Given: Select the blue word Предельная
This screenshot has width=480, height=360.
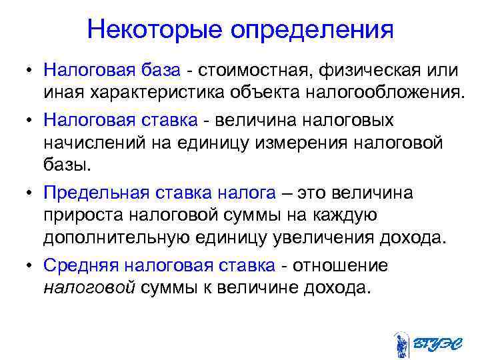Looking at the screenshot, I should [x=97, y=194].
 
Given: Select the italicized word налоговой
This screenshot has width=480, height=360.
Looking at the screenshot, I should [x=89, y=288].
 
